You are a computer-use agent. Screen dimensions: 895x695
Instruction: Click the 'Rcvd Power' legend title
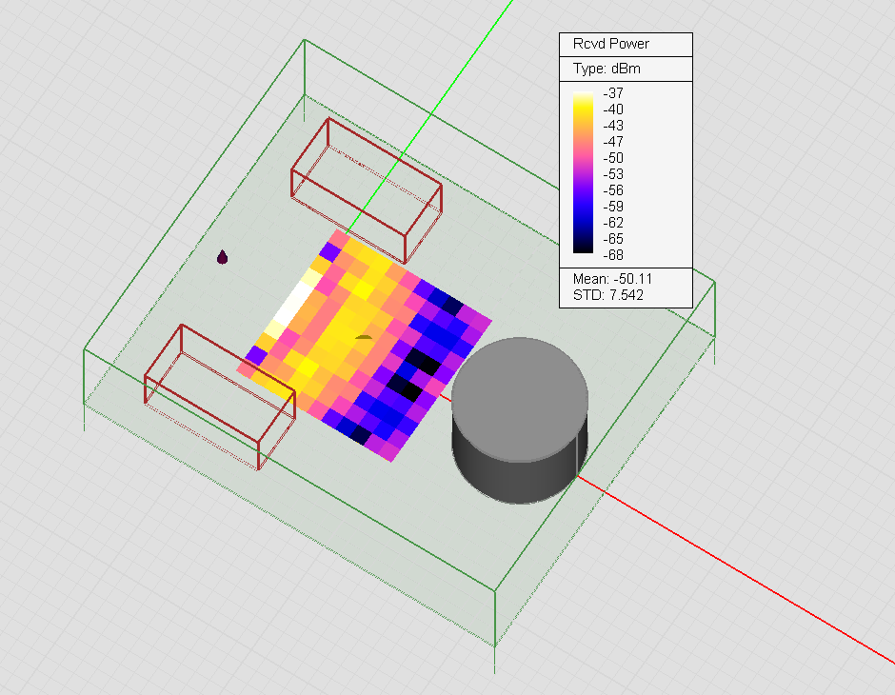[x=610, y=44]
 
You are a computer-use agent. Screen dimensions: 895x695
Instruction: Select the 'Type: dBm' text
[x=607, y=69]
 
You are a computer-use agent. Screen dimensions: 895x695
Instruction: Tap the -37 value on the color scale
[x=613, y=93]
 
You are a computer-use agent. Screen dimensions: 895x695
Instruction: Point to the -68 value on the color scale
[x=613, y=255]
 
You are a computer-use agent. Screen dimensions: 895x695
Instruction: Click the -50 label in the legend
[x=613, y=158]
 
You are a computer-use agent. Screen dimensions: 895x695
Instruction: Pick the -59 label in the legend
[x=613, y=207]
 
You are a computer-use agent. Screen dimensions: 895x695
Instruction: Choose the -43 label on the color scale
[x=613, y=126]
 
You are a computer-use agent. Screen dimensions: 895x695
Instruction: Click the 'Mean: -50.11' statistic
[x=612, y=279]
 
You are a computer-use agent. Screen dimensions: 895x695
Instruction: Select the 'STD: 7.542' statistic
[x=607, y=295]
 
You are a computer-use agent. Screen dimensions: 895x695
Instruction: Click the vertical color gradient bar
[x=584, y=172]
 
